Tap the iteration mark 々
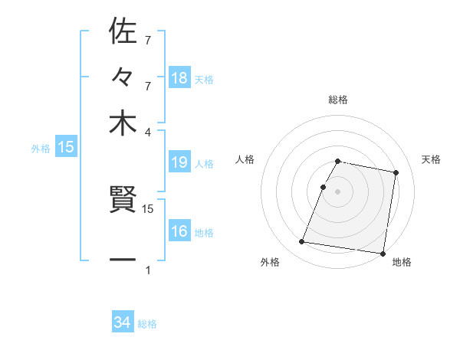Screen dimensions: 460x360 [123, 77]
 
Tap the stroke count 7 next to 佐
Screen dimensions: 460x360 [148, 39]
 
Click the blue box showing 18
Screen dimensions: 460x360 [179, 77]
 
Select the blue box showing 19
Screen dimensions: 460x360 [179, 162]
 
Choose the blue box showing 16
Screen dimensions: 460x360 [179, 231]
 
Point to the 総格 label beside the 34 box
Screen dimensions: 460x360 [147, 324]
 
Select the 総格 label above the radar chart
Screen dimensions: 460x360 [338, 100]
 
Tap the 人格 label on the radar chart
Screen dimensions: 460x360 [245, 159]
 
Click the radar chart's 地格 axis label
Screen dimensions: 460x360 [402, 263]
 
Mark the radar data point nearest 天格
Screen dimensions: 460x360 [396, 173]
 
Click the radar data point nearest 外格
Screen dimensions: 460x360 [302, 242]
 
